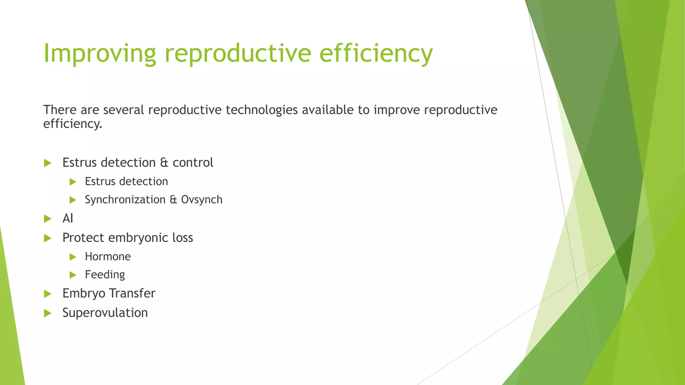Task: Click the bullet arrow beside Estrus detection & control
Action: click(x=47, y=163)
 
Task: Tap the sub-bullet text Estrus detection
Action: click(x=126, y=181)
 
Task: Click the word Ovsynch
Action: click(x=202, y=200)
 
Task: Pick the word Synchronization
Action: click(x=125, y=200)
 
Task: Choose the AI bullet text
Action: click(x=68, y=219)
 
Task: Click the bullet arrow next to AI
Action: click(x=47, y=219)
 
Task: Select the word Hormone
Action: click(x=108, y=257)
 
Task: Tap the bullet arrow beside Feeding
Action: click(x=73, y=275)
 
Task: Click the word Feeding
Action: click(x=105, y=275)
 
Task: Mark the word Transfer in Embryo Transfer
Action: click(x=132, y=293)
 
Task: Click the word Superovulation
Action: click(x=105, y=313)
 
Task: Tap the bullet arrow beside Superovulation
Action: click(x=47, y=313)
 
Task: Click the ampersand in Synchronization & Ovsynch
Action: click(x=173, y=200)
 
